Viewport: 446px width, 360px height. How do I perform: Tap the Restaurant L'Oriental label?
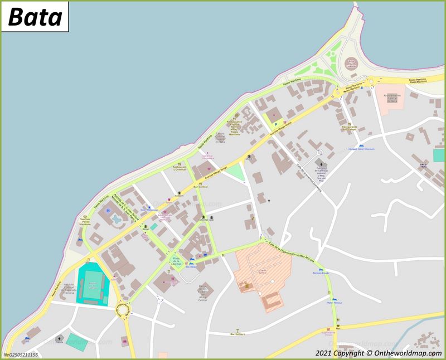coord(180,168)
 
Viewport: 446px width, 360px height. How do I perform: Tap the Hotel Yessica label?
coord(334,303)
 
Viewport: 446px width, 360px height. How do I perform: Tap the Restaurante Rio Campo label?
coord(350,128)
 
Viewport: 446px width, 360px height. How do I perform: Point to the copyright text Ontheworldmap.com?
coord(379,353)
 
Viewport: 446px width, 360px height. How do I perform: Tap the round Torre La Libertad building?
coord(351,62)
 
